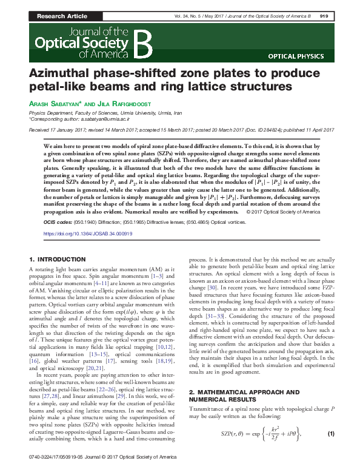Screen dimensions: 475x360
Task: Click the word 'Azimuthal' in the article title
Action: click(96, 72)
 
